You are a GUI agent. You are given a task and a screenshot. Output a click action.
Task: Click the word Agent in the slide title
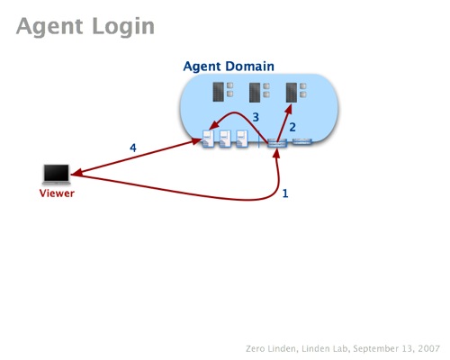[49, 27]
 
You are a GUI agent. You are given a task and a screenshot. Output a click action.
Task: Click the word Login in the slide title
[123, 27]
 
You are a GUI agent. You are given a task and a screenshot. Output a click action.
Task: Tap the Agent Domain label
[229, 67]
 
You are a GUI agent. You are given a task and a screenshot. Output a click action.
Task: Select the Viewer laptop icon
[57, 174]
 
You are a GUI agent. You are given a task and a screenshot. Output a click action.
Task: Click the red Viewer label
[57, 193]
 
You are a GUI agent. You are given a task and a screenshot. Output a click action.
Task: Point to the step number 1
[285, 193]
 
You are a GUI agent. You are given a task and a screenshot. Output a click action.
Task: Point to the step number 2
[292, 127]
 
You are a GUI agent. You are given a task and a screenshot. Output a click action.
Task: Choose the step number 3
[256, 117]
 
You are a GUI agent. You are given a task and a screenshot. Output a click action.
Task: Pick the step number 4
[133, 148]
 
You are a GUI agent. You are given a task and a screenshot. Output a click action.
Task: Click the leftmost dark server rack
[219, 92]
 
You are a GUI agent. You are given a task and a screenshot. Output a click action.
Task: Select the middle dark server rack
[255, 93]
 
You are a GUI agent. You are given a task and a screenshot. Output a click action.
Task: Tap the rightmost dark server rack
[292, 93]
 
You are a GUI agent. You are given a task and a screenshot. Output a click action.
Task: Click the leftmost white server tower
[208, 139]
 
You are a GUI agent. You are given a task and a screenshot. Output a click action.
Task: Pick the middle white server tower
[225, 139]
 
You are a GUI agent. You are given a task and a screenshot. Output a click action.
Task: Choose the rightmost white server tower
[242, 139]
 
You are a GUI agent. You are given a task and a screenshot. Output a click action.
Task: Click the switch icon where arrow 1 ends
[277, 142]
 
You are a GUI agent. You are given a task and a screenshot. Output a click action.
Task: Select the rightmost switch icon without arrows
[302, 141]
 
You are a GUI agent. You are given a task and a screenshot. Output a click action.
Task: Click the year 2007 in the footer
[428, 348]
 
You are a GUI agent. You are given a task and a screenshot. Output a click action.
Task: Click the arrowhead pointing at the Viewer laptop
[76, 173]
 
